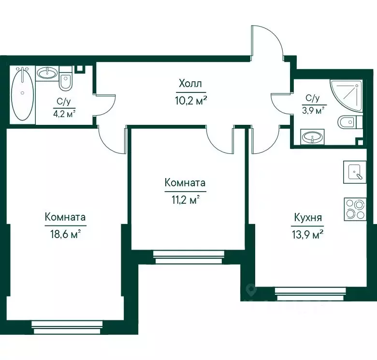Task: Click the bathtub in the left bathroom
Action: [x=22, y=94]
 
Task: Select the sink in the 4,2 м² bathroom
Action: [x=47, y=73]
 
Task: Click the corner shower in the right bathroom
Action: [x=346, y=96]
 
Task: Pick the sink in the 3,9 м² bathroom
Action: [x=312, y=137]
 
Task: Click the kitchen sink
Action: [x=355, y=172]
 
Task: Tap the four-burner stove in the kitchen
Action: [x=355, y=210]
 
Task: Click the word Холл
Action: [x=190, y=84]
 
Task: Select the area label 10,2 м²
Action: [x=191, y=101]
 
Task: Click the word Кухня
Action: [x=308, y=218]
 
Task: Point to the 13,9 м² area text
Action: [x=307, y=234]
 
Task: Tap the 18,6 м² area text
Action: [x=65, y=234]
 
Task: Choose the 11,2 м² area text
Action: [x=186, y=200]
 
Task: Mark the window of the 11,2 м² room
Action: [x=189, y=257]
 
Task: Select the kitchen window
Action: [x=311, y=294]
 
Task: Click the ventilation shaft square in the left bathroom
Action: [x=79, y=69]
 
